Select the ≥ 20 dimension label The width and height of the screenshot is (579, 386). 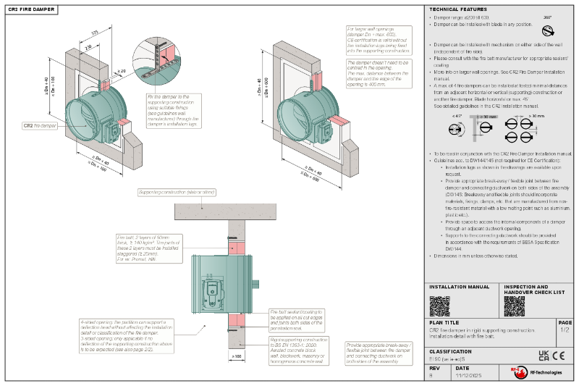coord(121,70)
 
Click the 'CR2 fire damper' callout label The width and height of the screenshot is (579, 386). coord(40,125)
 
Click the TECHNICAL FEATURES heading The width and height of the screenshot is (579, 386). coord(458,9)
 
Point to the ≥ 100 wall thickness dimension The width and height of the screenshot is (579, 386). coord(236,356)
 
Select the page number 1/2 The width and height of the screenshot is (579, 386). coord(565,330)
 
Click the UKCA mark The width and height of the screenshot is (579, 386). coord(544,355)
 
